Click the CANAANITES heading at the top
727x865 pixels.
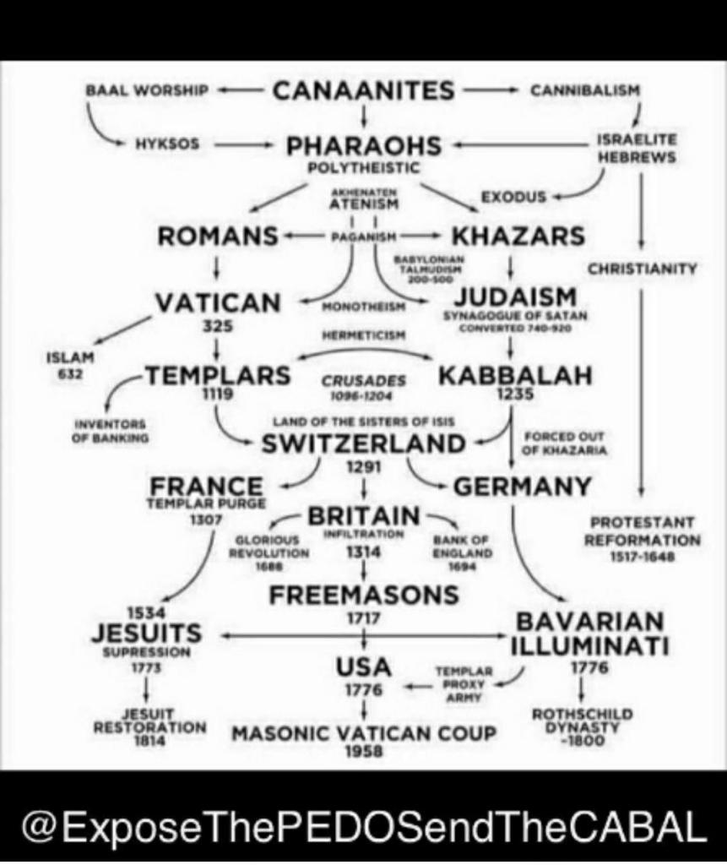363,90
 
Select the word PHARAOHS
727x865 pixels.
364,146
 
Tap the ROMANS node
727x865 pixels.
219,237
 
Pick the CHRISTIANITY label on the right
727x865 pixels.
642,269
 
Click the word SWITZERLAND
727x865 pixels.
363,443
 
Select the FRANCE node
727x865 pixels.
206,487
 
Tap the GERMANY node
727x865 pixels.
523,487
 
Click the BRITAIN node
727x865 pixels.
363,515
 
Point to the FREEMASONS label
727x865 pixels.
364,595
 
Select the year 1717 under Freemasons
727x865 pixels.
364,617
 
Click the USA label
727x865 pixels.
364,666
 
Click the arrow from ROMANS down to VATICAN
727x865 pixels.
218,266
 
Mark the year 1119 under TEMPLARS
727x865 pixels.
217,394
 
